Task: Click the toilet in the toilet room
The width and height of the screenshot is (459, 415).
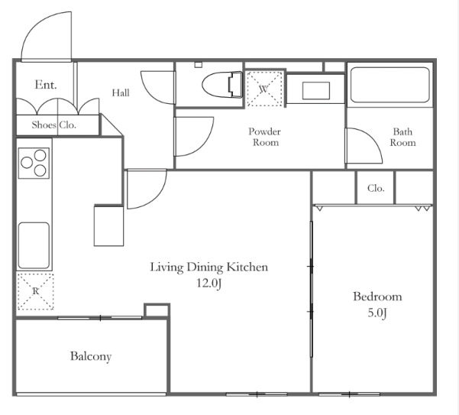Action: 222,84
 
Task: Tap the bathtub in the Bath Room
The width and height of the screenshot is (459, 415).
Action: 390,85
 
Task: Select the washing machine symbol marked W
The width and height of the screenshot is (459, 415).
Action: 264,89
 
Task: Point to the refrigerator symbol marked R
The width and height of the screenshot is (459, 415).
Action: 35,291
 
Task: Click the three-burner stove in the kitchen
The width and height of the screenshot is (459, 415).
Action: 34,163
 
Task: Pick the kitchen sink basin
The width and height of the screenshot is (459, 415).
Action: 34,245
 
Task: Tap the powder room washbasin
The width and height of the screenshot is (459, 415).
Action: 316,91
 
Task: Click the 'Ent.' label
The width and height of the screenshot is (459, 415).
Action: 46,85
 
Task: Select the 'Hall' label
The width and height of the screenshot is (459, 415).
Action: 121,92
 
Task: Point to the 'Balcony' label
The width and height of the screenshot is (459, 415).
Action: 91,356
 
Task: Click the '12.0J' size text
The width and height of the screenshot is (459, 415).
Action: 208,284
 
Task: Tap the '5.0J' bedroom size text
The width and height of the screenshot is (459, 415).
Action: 377,313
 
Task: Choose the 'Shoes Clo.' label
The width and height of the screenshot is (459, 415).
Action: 54,125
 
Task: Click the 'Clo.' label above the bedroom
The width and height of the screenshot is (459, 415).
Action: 376,188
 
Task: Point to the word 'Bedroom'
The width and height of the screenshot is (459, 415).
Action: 377,297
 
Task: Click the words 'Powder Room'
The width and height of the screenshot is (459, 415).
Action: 265,137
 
